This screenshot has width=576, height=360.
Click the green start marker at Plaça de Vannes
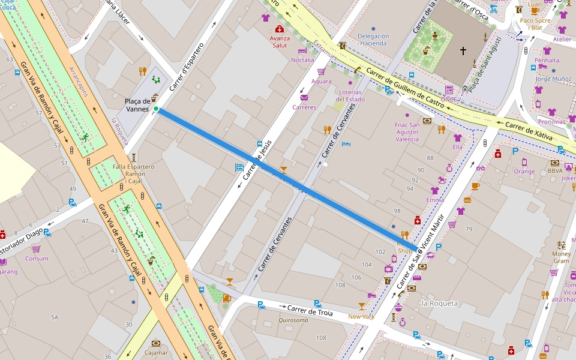156,109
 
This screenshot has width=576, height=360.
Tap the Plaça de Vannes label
137,105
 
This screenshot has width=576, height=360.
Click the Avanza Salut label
280,41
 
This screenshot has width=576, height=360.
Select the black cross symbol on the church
463,52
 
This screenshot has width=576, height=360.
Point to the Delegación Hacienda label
373,40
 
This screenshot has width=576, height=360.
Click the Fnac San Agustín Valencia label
407,132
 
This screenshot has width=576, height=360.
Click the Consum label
37,259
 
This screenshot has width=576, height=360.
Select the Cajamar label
156,352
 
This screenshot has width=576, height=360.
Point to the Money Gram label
561,257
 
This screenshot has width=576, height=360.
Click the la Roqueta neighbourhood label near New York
439,304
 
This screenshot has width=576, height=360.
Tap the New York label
361,316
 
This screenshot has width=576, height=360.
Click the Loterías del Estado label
350,95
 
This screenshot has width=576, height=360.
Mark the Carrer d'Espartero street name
187,66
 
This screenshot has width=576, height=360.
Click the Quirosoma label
293,320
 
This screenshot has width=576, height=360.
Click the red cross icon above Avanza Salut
280,29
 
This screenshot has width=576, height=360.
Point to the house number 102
380,251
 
